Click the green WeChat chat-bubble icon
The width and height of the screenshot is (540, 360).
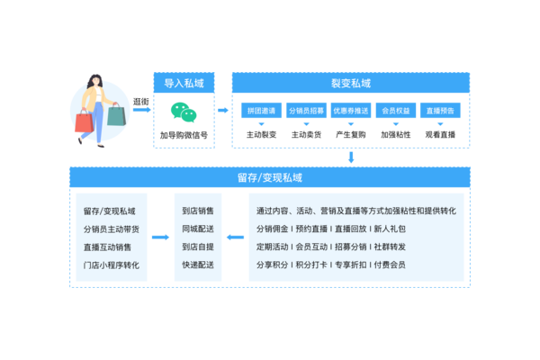[x=184, y=112]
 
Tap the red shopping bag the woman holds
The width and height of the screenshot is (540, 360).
[x=84, y=121]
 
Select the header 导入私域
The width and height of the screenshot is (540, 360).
[x=184, y=83]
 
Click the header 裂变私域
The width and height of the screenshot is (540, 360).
[x=351, y=83]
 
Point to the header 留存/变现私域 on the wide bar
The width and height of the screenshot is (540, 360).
[x=269, y=177]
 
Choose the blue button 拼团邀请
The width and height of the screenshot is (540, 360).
[x=261, y=111]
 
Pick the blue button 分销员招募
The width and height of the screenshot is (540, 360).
[x=305, y=111]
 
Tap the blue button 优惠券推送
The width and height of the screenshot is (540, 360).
[x=350, y=111]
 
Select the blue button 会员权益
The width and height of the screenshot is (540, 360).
[x=395, y=111]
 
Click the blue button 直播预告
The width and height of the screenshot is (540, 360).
[x=440, y=111]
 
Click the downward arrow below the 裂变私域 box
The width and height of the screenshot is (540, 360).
[x=351, y=157]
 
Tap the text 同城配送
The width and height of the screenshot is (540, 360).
[x=198, y=229]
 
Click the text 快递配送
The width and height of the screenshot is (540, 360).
[x=198, y=265]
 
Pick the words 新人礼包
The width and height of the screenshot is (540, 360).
[x=390, y=229]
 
